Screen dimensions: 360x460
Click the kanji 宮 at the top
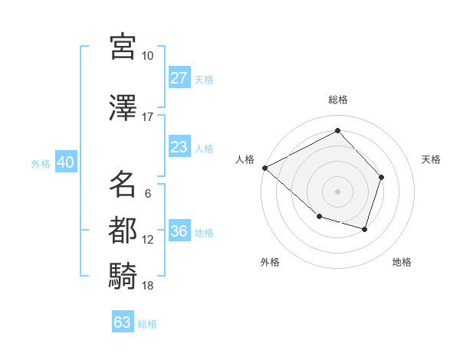[123, 47]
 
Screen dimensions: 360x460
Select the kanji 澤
[123, 109]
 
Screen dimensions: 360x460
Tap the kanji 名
[123, 185]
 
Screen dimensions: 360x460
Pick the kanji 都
[123, 230]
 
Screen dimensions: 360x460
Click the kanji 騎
[123, 276]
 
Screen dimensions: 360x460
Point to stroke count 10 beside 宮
[148, 56]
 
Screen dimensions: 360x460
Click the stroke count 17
[148, 117]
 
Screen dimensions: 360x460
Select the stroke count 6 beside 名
[148, 194]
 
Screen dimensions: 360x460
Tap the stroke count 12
[148, 240]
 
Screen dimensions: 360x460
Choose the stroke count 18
[148, 286]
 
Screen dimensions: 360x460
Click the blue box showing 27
[179, 78]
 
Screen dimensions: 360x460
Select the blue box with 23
[179, 147]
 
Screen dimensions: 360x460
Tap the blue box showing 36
[179, 232]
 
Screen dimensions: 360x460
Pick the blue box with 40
[64, 162]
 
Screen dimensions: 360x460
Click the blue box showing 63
[122, 322]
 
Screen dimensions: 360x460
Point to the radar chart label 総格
[337, 100]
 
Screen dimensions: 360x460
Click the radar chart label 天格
[432, 159]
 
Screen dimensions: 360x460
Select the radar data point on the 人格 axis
[264, 167]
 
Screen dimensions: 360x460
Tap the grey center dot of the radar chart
[337, 191]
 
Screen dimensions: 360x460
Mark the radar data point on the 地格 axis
[365, 229]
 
